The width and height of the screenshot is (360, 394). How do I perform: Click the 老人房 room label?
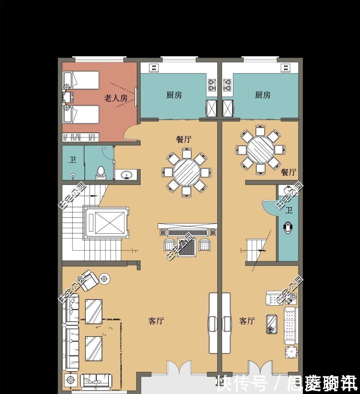point(116,98)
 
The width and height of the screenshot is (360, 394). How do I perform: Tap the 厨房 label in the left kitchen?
point(174,95)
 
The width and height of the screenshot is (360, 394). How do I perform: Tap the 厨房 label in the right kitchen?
point(262,95)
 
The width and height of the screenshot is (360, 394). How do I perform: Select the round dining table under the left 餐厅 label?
point(186,172)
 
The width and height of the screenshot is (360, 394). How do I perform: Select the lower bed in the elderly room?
point(81,114)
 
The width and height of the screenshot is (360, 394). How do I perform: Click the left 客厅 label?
point(156,321)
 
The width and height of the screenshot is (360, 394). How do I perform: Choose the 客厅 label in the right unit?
point(247,321)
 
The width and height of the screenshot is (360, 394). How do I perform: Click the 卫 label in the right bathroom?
point(289,210)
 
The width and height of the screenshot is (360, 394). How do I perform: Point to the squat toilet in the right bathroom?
point(288,228)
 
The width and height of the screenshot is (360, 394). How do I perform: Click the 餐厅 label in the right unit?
point(289,172)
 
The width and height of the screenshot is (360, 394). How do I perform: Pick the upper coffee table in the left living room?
point(94,312)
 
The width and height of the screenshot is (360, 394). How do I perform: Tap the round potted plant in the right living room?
point(291,352)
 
